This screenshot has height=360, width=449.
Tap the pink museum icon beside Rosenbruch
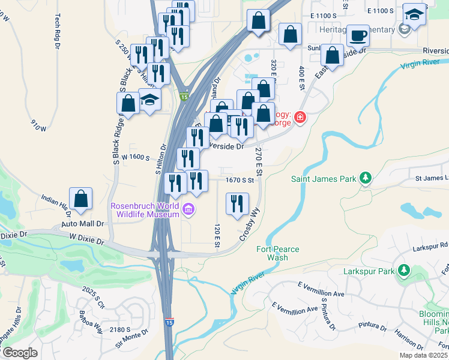click(x=188, y=209)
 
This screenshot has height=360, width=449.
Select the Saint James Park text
click(x=324, y=178)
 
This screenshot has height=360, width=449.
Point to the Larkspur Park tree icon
click(x=405, y=271)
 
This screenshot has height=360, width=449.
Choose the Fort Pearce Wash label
click(x=277, y=253)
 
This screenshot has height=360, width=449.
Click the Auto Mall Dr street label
click(x=83, y=223)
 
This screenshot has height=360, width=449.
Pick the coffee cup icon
click(x=358, y=36)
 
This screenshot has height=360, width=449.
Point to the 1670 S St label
click(x=241, y=179)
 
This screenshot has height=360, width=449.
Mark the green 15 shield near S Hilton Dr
click(x=184, y=97)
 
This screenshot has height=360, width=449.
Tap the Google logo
click(x=19, y=353)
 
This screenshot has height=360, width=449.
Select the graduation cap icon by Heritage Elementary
click(x=414, y=14)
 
